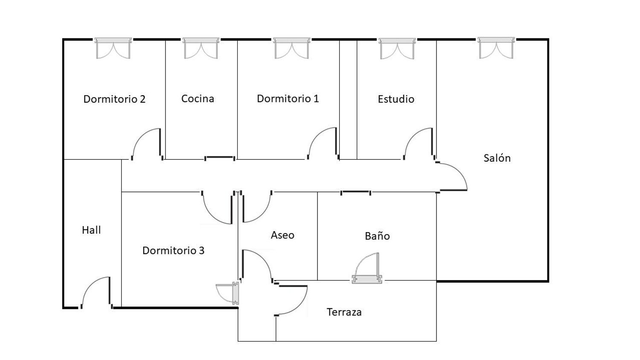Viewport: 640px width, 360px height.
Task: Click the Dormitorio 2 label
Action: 114,99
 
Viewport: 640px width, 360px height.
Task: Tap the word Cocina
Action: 198,99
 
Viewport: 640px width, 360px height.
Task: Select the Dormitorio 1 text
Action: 288,99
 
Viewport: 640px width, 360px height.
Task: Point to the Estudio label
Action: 396,99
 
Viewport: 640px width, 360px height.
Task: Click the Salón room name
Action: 497,158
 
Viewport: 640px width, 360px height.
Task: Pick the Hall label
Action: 91,230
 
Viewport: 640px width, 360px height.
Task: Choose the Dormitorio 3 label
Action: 173,250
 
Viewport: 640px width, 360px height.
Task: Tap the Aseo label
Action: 282,235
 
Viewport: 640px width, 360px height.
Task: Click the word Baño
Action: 378,236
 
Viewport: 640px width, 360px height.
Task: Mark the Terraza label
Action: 344,312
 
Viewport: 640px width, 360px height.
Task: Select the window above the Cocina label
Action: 201,48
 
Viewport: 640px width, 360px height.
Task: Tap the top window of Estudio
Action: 397,48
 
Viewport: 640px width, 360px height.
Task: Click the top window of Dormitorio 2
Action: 113,48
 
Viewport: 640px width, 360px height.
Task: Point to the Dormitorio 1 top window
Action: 291,48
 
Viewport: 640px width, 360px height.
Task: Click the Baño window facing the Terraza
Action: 367,268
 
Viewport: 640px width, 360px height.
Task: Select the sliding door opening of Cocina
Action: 220,158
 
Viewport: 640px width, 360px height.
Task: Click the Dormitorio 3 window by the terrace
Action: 228,293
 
